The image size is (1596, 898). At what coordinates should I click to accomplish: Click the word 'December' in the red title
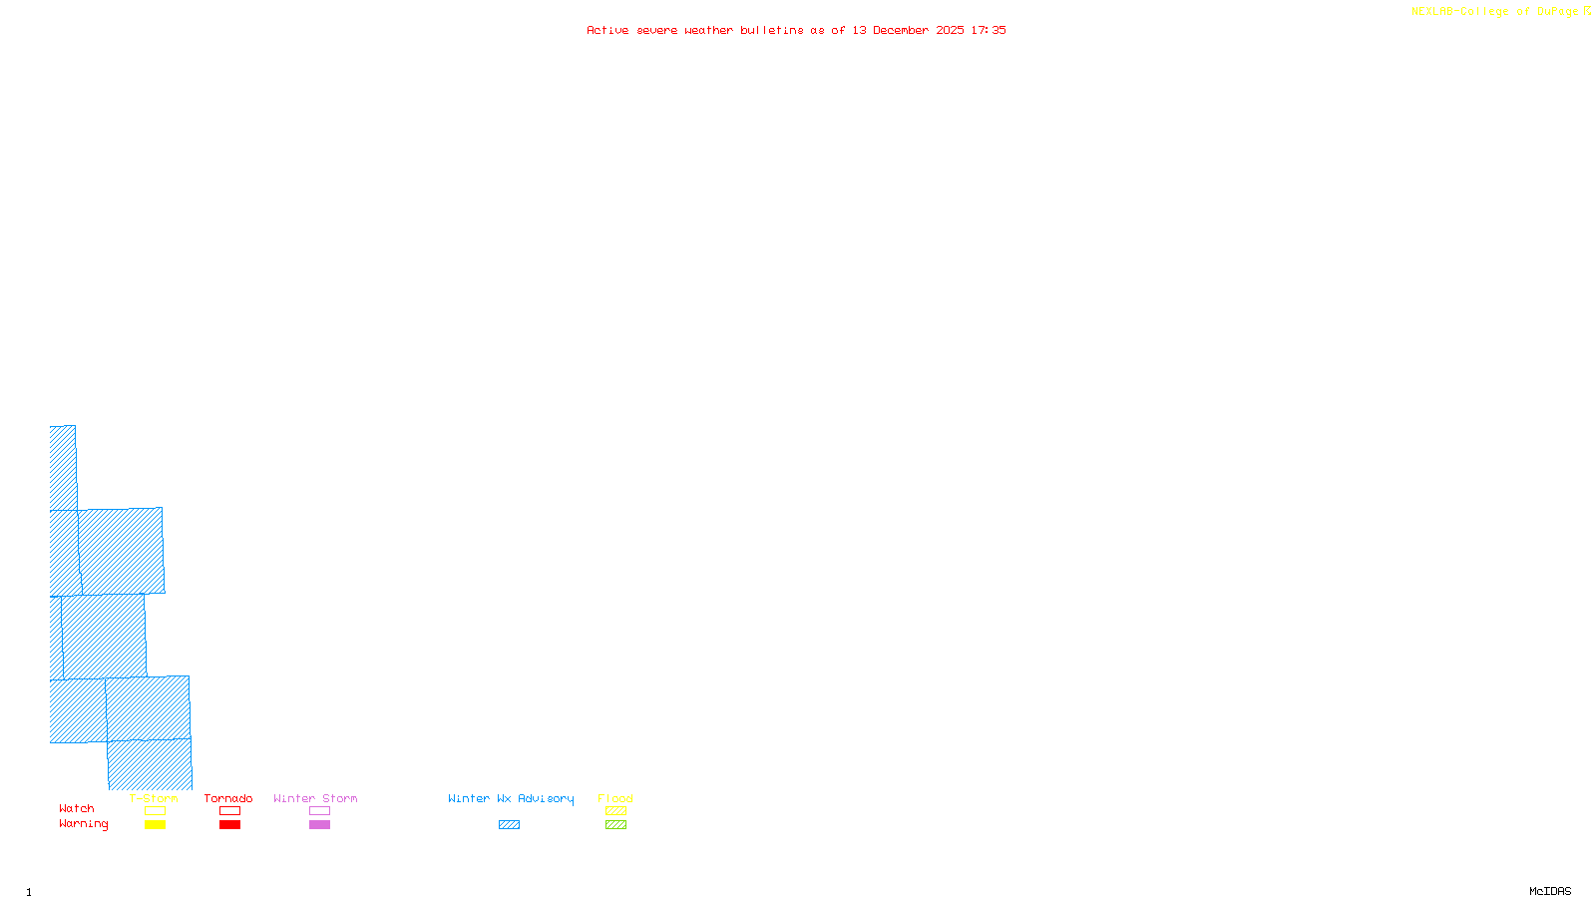point(901,30)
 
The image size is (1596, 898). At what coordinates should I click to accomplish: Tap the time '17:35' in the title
point(989,30)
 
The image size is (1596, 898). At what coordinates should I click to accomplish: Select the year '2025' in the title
point(950,30)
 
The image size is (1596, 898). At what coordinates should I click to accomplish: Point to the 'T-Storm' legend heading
point(154,798)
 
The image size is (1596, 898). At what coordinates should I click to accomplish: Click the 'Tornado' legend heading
point(228,798)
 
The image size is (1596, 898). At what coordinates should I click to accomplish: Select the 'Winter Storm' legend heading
point(315,798)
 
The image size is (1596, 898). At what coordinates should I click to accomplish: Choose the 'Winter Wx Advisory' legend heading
point(511,798)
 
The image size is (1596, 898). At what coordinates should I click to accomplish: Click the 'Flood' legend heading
point(615,798)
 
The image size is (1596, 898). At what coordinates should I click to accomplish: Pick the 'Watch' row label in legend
point(77,809)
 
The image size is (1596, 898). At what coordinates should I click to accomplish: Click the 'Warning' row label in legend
point(84,824)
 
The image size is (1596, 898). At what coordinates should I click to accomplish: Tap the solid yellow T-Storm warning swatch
point(155,825)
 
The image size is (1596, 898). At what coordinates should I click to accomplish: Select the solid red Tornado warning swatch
point(229,825)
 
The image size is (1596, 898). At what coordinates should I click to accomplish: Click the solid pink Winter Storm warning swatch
point(319,825)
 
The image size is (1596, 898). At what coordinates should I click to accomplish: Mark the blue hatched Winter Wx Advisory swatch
point(509,825)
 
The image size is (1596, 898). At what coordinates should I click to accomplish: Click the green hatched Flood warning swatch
point(615,825)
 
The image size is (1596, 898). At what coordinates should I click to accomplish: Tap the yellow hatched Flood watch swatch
point(615,811)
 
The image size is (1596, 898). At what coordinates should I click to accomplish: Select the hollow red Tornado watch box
point(229,811)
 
